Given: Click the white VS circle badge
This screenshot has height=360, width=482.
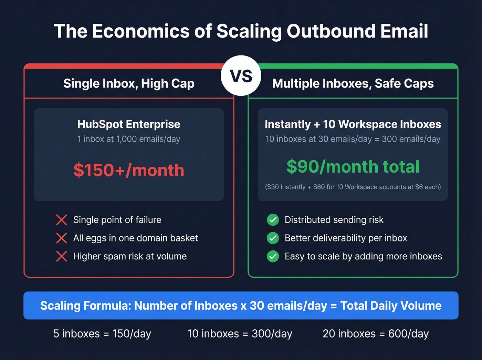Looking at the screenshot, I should tap(241, 76).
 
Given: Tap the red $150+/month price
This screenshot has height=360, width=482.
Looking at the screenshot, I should tap(129, 170).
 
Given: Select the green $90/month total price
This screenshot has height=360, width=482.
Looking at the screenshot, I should tap(353, 167).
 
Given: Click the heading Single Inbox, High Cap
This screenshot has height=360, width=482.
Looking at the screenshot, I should tap(129, 83).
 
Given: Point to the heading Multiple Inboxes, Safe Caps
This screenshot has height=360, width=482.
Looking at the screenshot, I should tap(353, 83).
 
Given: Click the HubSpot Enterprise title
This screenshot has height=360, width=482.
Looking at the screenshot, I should tap(129, 124).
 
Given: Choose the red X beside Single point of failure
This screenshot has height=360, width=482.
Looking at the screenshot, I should tap(62, 220).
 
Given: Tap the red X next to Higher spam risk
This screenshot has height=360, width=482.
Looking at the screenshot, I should tap(62, 256).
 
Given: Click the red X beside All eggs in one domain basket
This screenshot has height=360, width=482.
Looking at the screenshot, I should tap(62, 238).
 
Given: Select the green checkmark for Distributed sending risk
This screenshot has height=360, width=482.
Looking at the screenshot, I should tap(273, 220).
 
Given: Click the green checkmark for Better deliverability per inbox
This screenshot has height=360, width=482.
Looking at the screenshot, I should tap(273, 238).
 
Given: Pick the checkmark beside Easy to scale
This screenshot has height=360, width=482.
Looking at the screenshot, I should tap(273, 256).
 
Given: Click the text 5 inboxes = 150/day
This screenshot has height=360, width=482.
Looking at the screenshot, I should tap(102, 333).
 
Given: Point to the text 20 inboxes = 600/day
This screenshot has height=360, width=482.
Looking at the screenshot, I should tap(376, 333).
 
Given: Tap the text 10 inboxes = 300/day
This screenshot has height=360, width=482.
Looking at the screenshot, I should tap(240, 333).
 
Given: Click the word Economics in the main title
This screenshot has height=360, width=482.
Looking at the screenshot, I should tap(141, 31).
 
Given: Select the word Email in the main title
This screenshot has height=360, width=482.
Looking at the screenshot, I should tap(404, 31).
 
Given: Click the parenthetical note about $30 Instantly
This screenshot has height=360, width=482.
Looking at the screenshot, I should tap(353, 187).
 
